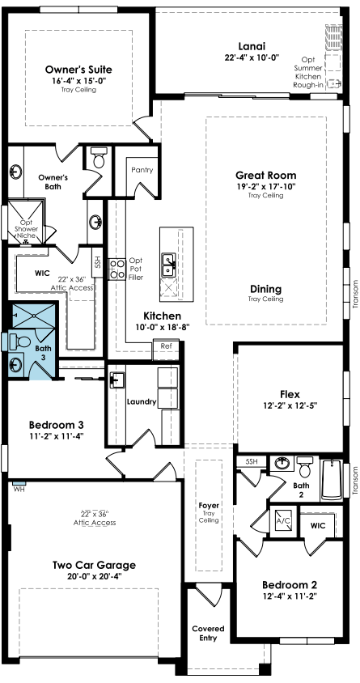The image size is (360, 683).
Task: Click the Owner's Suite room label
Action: [78, 70]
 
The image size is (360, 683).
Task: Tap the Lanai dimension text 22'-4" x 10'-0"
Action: [252, 57]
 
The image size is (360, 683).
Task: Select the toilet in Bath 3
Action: [19, 340]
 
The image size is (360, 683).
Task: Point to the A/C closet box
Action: [282, 520]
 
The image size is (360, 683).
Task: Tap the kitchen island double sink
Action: [168, 265]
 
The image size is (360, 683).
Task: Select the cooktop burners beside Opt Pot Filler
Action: [116, 269]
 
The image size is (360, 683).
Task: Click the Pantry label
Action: [142, 170]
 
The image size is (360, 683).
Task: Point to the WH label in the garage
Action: [19, 489]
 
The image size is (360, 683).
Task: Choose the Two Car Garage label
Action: [94, 566]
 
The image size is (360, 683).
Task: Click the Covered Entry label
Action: [209, 634]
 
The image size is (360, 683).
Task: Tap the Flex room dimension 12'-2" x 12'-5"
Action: [290, 405]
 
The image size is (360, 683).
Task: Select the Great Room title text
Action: [266, 175]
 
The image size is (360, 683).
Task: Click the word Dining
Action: [265, 289]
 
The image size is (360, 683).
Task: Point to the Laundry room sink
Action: [116, 379]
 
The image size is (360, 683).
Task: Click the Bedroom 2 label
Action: [290, 584]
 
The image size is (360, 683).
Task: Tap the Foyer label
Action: [209, 506]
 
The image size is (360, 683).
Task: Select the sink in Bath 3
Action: [16, 364]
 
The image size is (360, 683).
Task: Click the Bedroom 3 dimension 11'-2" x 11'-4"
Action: [56, 435]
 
